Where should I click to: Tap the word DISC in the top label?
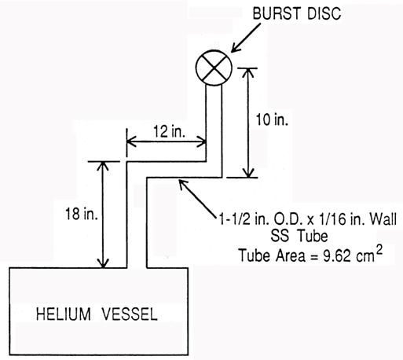pos(324,13)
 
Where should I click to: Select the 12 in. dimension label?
pos(169,131)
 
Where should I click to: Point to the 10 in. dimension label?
pos(272,119)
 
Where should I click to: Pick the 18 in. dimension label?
pos(82,214)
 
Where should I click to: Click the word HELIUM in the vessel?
pos(64,314)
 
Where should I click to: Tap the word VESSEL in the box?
pos(130,314)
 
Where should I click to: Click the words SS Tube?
pos(299,236)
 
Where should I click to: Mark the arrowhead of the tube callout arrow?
pos(182,183)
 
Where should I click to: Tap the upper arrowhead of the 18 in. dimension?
pos(103,166)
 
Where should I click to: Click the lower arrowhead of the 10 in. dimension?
pos(248,174)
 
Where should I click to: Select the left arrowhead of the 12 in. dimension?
pos(131,142)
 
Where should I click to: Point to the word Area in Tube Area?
pos(290,255)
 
